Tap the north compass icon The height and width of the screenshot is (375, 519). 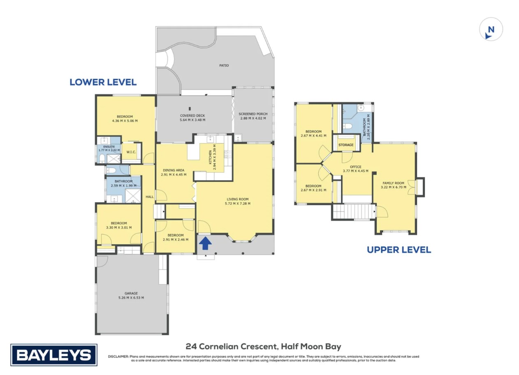click(491, 29)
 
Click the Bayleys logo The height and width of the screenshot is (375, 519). click(54, 355)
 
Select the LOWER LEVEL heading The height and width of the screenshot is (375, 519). click(103, 82)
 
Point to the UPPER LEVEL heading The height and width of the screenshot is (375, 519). click(399, 250)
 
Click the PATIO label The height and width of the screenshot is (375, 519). click(224, 65)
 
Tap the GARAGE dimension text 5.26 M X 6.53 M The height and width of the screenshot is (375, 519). click(131, 298)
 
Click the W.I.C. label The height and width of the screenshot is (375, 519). click(131, 152)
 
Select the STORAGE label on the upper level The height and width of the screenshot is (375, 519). click(346, 145)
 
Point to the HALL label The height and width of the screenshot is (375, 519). click(150, 197)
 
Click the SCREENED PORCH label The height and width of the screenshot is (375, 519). click(253, 114)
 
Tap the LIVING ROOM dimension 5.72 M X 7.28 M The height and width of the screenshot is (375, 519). click(237, 204)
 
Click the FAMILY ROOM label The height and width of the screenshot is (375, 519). click(393, 183)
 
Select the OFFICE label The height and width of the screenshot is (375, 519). click(356, 167)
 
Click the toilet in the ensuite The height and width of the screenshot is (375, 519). click(102, 158)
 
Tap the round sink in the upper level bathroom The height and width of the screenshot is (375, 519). click(361, 108)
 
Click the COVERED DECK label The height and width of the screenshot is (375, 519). click(192, 116)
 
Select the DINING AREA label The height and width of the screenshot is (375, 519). click(174, 170)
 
